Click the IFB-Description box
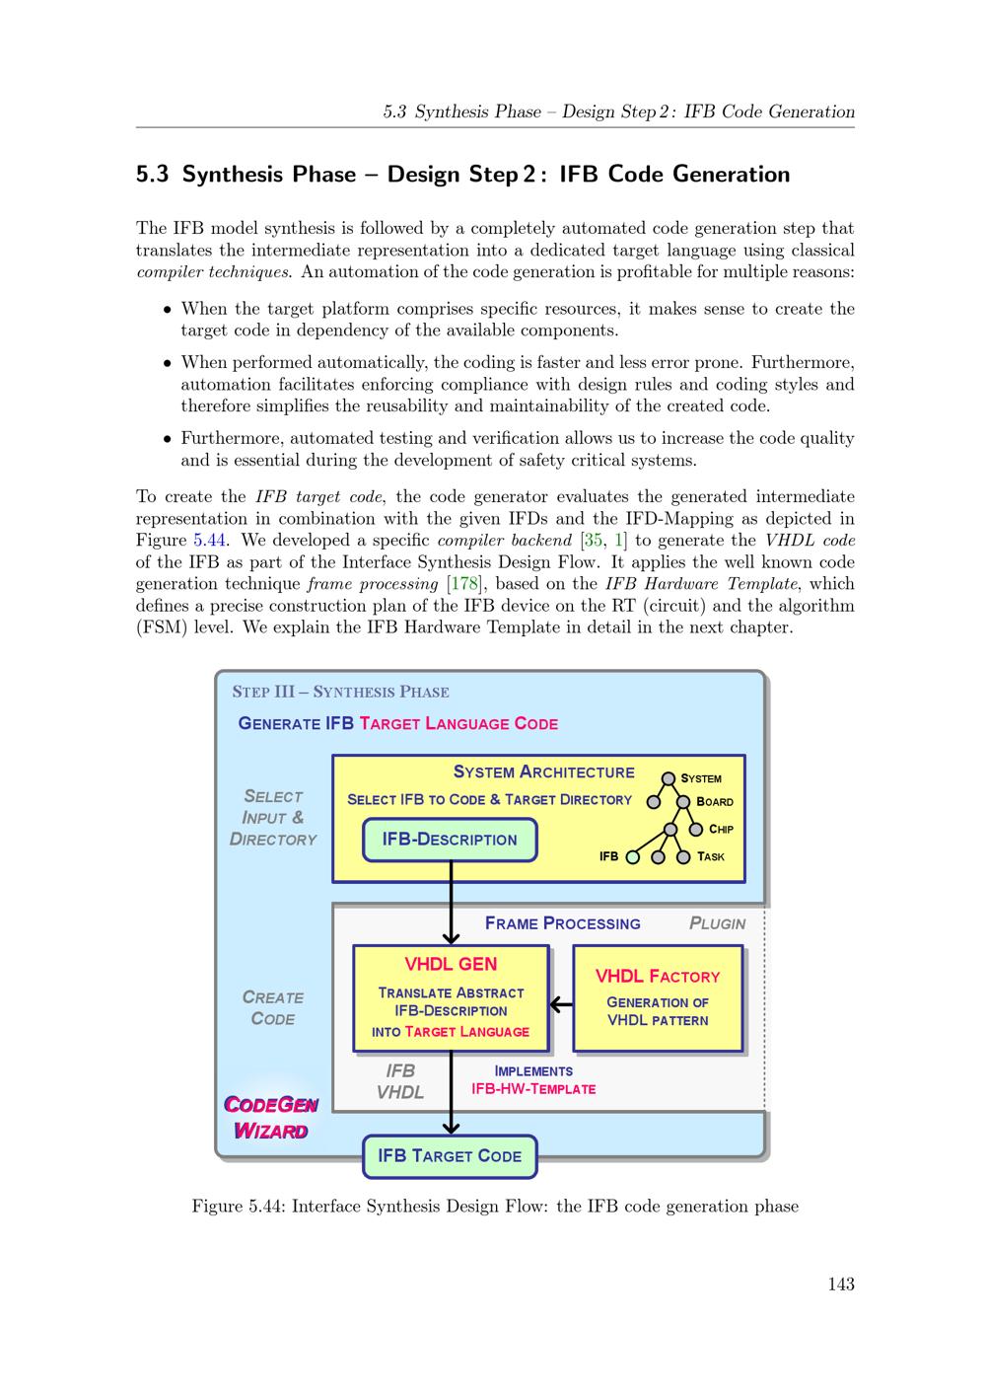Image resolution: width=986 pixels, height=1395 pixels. point(450,840)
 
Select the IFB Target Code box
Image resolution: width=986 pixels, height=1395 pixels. point(450,1155)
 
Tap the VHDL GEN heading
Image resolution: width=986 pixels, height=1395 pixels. point(451,964)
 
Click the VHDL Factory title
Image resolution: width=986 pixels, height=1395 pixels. point(658,976)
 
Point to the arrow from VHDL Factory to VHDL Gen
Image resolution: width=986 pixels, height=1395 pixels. point(561,1005)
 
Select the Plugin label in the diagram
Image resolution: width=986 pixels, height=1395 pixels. point(717,923)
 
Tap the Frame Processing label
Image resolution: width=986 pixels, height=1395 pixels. point(562,923)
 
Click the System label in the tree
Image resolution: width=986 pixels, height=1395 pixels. point(701,778)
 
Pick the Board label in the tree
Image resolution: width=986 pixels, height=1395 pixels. point(715,802)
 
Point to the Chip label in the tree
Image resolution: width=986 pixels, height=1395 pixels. point(721,829)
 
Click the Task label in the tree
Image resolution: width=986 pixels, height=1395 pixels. point(710,856)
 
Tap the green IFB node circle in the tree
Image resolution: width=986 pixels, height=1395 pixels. point(633,856)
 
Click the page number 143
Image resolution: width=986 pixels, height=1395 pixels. point(841,1284)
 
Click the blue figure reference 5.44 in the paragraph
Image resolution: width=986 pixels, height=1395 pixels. point(211,540)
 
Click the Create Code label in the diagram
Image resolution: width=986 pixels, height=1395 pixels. point(273,1007)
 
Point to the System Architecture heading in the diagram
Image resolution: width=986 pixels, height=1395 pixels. point(543,771)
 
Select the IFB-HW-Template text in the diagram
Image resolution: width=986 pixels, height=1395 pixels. point(533,1089)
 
